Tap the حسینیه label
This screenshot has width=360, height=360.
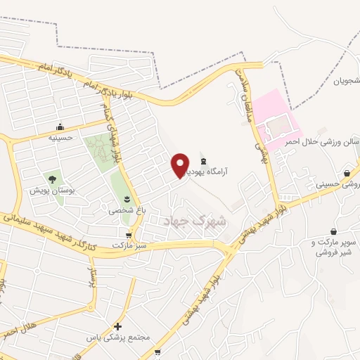coord(60,139)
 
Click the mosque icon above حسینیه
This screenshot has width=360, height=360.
coord(60,127)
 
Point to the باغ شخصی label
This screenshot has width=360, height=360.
coord(124,210)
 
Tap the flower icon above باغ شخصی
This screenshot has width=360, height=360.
coord(127,199)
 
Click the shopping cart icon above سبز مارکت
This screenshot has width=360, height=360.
coord(128,235)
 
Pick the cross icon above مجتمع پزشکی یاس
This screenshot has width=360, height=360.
coord(117,326)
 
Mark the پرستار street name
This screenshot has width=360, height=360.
coord(90,276)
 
